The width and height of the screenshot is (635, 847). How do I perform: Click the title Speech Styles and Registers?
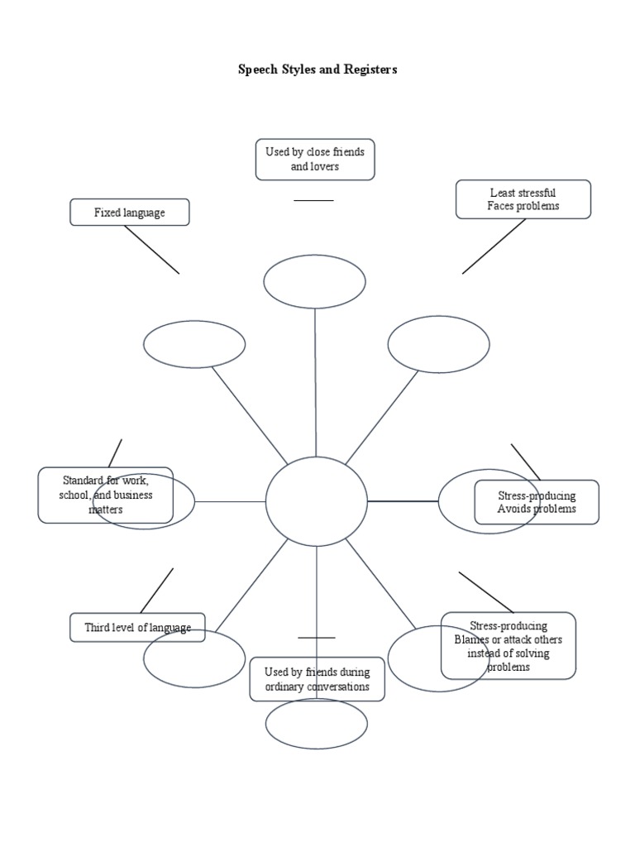[x=317, y=69]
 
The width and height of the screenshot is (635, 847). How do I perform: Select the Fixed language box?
[x=129, y=213]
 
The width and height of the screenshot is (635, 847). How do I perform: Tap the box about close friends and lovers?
[x=315, y=160]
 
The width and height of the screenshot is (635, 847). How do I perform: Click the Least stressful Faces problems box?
[x=523, y=199]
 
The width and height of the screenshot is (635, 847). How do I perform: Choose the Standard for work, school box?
[x=105, y=495]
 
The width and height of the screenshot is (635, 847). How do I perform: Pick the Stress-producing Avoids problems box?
[x=537, y=502]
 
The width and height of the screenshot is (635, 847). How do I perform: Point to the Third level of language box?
[x=137, y=628]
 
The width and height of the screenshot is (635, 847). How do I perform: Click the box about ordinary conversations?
[x=317, y=679]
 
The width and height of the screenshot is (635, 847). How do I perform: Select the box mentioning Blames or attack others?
[x=508, y=645]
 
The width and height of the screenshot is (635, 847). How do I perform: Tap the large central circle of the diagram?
[x=317, y=501]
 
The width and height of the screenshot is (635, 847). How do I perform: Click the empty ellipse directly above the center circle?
[x=315, y=281]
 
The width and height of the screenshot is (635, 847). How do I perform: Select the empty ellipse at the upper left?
[x=194, y=344]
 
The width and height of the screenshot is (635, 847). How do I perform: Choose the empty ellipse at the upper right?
[x=438, y=344]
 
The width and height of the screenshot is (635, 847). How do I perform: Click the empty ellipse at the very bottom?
[x=317, y=724]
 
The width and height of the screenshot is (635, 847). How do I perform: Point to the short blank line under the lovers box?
[x=314, y=200]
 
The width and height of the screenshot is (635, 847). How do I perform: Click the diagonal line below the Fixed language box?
[x=152, y=250]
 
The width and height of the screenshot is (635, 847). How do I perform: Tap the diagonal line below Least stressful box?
[x=494, y=246]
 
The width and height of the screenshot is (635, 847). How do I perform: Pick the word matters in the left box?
[x=106, y=510]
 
